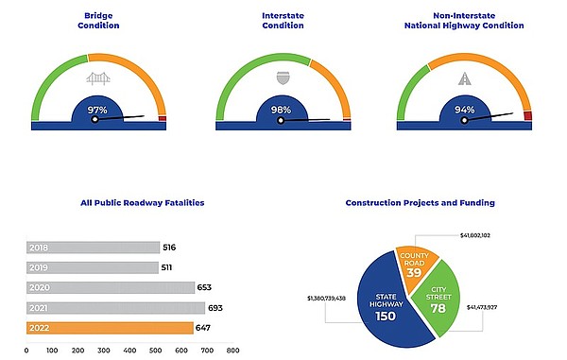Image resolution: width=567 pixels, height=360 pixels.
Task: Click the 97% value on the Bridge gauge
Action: coord(97,111)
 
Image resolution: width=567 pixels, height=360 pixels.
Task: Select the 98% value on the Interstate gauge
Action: coord(282,111)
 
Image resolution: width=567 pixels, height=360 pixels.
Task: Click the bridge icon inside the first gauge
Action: coord(98,79)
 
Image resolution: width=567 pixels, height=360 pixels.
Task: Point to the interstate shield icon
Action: coord(282,79)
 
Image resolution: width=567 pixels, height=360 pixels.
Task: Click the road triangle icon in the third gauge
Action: coord(466,80)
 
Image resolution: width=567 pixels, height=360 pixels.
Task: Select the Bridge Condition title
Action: coord(98,21)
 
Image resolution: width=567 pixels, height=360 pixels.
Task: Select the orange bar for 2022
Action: coord(110,329)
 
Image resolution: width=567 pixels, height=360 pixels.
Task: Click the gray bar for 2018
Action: coord(93,248)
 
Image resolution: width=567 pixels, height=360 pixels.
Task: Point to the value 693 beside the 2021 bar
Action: coord(218,309)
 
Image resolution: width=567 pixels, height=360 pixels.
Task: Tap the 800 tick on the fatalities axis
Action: coord(232,351)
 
